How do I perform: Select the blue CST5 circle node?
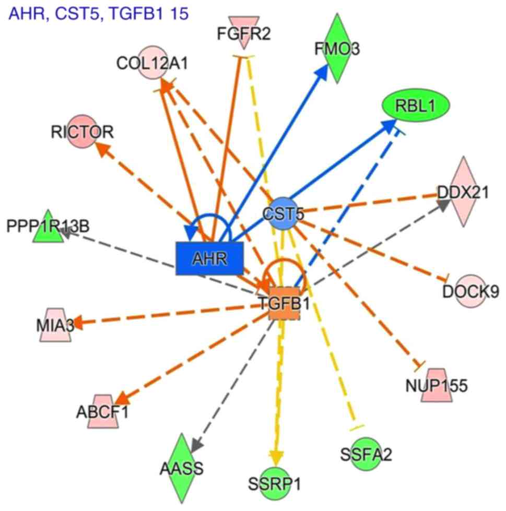[283, 213]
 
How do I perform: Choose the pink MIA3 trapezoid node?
[54, 325]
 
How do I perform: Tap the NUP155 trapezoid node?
[436, 385]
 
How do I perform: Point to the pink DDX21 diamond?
[463, 192]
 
